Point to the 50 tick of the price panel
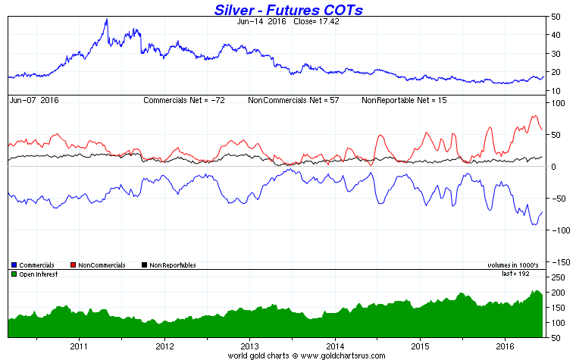click(x=556, y=17)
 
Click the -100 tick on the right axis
click(x=559, y=230)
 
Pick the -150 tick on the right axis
click(x=559, y=262)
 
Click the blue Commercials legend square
click(x=14, y=265)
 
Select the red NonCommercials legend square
click(x=73, y=265)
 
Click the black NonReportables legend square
click(x=144, y=265)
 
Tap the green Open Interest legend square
click(x=14, y=274)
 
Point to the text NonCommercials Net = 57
click(x=296, y=100)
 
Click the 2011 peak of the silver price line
click(x=106, y=20)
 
